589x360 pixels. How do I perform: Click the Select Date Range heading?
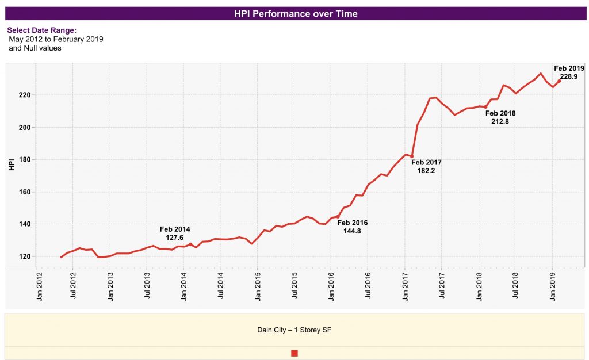[x=41, y=30]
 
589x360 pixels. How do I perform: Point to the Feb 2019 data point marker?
[x=559, y=81]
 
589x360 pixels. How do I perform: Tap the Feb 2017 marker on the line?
[x=412, y=156]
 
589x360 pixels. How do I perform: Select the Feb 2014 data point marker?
[x=190, y=244]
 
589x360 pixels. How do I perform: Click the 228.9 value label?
[x=568, y=76]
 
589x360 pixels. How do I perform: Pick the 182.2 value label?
[x=426, y=171]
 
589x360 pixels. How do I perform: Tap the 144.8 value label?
[x=352, y=231]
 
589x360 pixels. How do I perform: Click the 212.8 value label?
[x=500, y=122]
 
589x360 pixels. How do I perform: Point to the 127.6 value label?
[x=175, y=237]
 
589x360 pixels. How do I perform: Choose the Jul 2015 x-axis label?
[x=294, y=288]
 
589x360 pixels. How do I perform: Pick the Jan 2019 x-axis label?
[x=552, y=288]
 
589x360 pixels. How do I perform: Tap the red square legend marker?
[x=294, y=353]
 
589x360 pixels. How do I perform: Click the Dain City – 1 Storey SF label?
[x=294, y=330]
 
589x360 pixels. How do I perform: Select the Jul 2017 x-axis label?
[x=442, y=288]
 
